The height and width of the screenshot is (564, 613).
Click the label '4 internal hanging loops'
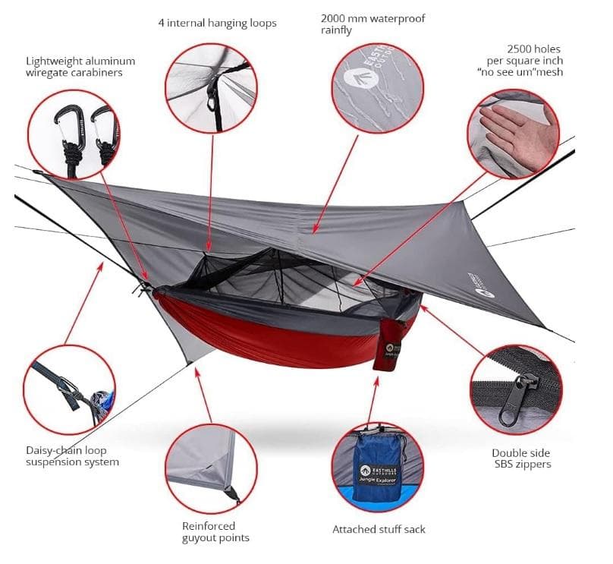click(217, 23)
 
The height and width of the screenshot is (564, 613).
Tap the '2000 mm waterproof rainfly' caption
click(373, 24)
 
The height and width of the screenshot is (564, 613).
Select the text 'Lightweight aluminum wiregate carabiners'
click(80, 67)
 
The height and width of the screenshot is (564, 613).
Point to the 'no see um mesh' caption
click(525, 61)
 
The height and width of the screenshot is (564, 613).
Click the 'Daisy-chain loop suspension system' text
click(72, 456)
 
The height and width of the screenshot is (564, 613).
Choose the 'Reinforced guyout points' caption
click(215, 532)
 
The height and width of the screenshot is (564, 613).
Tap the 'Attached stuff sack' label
click(379, 530)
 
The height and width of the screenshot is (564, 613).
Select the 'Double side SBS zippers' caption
click(520, 458)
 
